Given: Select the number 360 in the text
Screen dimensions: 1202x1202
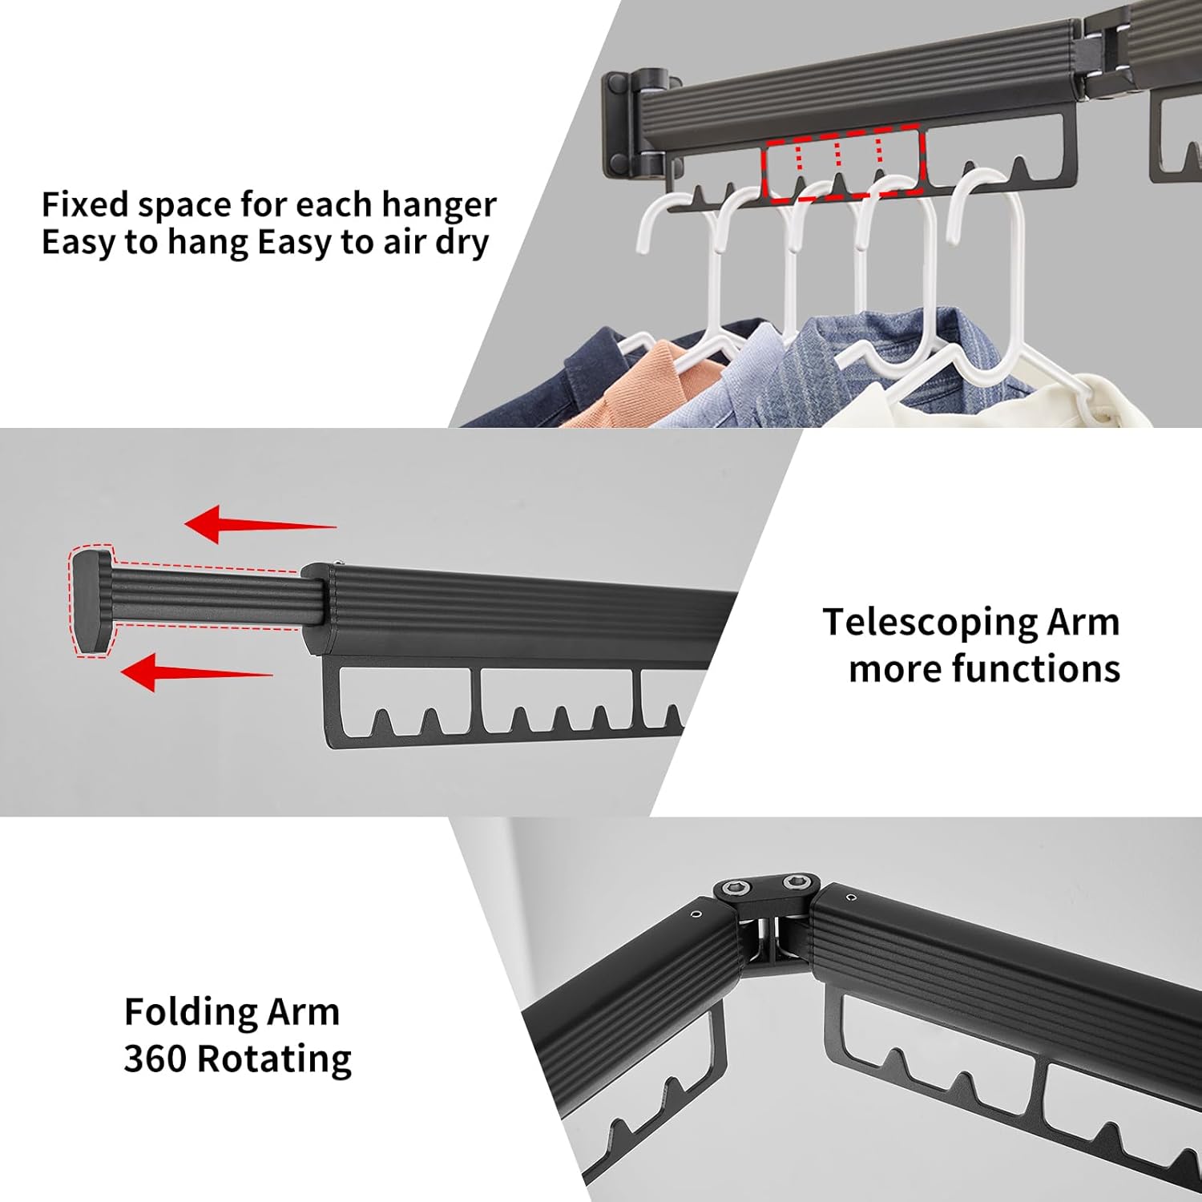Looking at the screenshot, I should (x=155, y=1059).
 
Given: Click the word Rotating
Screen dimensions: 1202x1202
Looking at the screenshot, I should (x=274, y=1059).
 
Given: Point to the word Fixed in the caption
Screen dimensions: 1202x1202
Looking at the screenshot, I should (x=85, y=205).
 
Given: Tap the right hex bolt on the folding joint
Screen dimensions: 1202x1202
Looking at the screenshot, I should (x=797, y=883).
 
